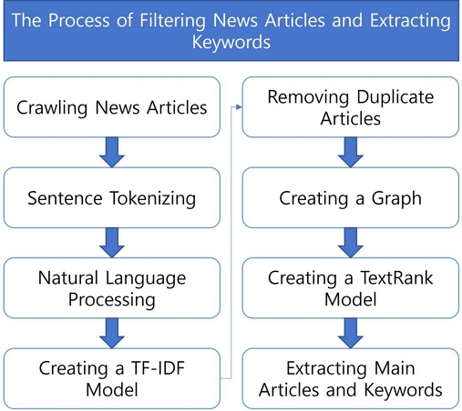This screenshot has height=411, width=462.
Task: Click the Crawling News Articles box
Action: [x=112, y=107]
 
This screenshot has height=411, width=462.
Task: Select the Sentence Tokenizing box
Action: [x=112, y=197]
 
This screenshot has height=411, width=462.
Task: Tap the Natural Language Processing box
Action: [x=112, y=288]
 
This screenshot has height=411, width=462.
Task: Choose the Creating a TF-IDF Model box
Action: [x=112, y=378]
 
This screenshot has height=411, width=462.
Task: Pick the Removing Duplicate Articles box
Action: [x=351, y=107]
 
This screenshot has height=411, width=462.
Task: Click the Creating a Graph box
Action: [x=351, y=197]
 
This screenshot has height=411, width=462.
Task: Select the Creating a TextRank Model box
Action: [x=351, y=288]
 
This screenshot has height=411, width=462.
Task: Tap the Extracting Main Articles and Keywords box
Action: [x=351, y=378]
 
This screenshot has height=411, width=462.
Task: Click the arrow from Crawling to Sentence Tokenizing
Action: [x=112, y=152]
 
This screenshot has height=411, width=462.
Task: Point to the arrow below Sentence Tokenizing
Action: [x=112, y=243]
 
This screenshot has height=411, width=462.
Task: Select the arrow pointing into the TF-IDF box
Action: [x=112, y=333]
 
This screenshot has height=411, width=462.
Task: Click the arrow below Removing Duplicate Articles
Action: [x=351, y=152]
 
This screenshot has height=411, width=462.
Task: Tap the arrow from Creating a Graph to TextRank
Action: [x=351, y=243]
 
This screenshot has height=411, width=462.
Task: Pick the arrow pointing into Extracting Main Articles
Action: [x=351, y=333]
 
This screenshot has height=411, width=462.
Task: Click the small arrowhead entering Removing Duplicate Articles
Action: [x=239, y=107]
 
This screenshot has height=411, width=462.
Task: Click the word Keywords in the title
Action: [x=231, y=42]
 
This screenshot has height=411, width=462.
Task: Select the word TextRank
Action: [x=396, y=277]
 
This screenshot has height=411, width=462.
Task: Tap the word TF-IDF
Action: [x=158, y=368]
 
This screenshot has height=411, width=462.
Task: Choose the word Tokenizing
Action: [x=153, y=198]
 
